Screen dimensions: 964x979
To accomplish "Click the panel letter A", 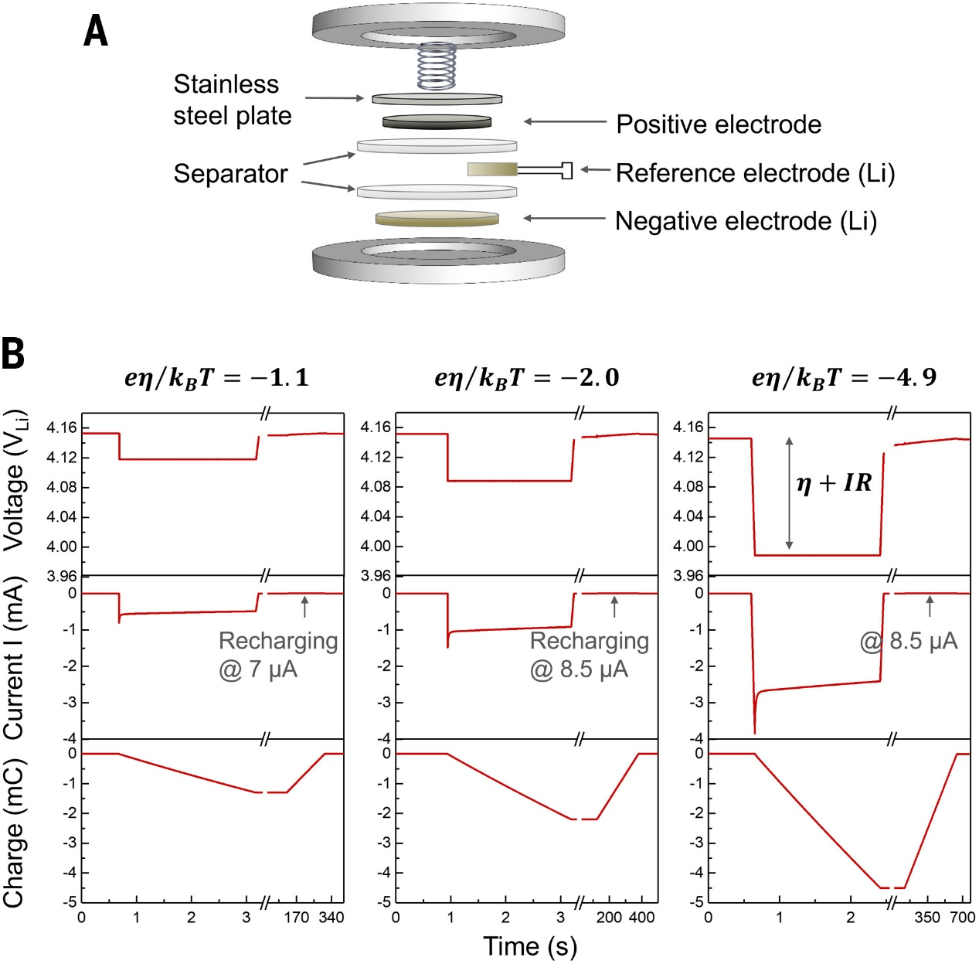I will click(x=96, y=32).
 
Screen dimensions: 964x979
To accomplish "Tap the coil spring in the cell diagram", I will click(x=437, y=66).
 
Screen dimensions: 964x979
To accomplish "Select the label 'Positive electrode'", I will click(x=718, y=124).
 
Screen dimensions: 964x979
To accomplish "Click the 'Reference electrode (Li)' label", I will click(x=755, y=173).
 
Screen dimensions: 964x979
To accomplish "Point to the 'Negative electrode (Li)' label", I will click(x=746, y=221).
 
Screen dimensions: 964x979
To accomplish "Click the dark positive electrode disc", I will click(x=437, y=121).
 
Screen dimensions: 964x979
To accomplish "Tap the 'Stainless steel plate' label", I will click(x=232, y=100).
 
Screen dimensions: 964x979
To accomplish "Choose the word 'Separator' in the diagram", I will click(x=230, y=173).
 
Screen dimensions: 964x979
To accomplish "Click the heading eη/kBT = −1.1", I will click(x=216, y=377).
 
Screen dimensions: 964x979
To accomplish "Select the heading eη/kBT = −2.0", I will click(x=526, y=377).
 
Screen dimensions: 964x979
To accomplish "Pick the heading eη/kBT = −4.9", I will click(x=844, y=377).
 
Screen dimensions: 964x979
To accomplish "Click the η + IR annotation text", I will click(x=834, y=484).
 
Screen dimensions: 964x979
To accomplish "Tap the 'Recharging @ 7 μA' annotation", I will click(x=277, y=654).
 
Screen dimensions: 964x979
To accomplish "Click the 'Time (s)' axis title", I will click(x=530, y=946).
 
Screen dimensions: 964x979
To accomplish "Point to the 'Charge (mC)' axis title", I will click(x=14, y=832).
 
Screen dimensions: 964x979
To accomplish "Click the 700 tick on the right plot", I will click(x=963, y=918).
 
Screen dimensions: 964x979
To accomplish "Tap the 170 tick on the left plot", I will click(x=296, y=918).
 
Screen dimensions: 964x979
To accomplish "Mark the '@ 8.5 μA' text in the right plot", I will click(x=909, y=641).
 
